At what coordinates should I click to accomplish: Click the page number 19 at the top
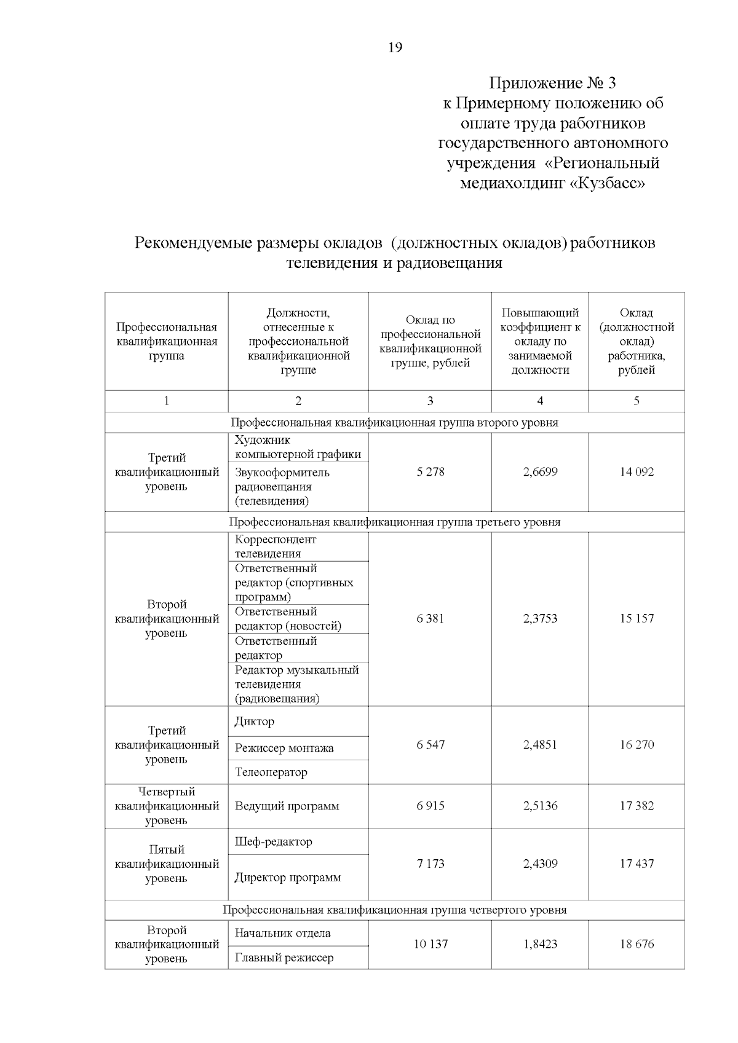click(395, 47)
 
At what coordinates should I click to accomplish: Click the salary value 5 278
click(430, 472)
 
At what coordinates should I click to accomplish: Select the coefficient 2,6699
click(540, 472)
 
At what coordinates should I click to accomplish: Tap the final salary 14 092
click(637, 472)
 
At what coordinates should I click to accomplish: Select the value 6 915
click(430, 806)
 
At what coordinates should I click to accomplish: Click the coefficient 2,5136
click(540, 806)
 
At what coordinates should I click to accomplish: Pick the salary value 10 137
click(430, 944)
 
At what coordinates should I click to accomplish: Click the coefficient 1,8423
click(540, 944)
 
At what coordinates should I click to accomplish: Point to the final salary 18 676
click(637, 944)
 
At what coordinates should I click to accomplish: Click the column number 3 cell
click(430, 401)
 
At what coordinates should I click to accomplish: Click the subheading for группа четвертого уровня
click(394, 910)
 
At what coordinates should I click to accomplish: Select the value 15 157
click(637, 618)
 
